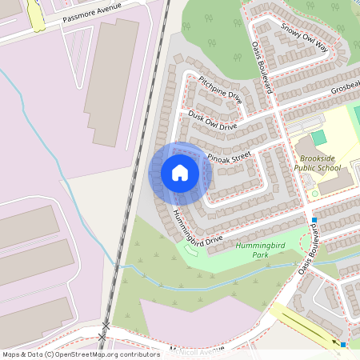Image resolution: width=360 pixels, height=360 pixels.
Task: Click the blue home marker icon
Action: coord(180,173)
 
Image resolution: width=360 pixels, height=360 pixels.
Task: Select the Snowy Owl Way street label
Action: coord(305,37)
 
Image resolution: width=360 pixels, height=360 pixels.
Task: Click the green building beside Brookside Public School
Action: coord(319,138)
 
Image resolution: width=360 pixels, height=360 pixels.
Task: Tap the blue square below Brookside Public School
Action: coord(314,219)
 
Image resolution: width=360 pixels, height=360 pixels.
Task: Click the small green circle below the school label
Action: coord(314,194)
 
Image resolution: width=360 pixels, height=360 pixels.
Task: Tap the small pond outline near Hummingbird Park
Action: coord(190,251)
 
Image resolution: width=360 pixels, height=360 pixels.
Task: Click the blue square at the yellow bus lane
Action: coord(342,344)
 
